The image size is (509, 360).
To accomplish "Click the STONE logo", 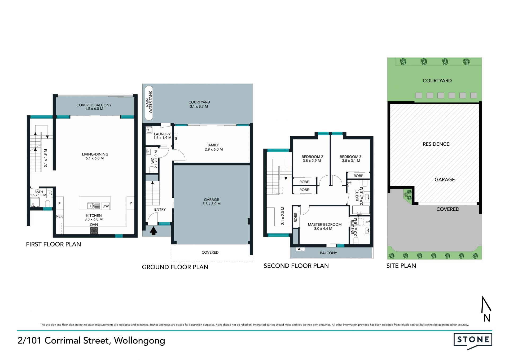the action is (x=473, y=341).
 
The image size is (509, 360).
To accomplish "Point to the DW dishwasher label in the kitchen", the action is (x=106, y=206).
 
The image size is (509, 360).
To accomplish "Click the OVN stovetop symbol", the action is (x=94, y=231).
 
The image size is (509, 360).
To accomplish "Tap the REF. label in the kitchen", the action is (x=60, y=216).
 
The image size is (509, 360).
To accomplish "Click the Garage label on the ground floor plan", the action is (x=212, y=199).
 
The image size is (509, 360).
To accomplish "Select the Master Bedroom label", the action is (x=325, y=224).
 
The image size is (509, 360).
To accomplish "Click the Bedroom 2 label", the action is (x=312, y=157).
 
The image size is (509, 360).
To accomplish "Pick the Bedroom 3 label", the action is (x=350, y=157).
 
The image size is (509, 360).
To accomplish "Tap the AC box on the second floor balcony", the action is (x=300, y=249).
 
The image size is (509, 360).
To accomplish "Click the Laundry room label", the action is (x=162, y=134).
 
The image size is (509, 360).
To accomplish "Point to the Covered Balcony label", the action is (x=94, y=105).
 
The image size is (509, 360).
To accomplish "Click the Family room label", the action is (x=213, y=145).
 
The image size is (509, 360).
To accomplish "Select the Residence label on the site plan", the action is (x=436, y=144).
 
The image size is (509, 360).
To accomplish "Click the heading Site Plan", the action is (x=401, y=266).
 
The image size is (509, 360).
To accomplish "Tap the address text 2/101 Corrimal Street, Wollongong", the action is (x=91, y=341).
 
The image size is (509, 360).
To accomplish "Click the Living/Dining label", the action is (x=95, y=154).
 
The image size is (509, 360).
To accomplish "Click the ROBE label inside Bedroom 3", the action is (x=358, y=176).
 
